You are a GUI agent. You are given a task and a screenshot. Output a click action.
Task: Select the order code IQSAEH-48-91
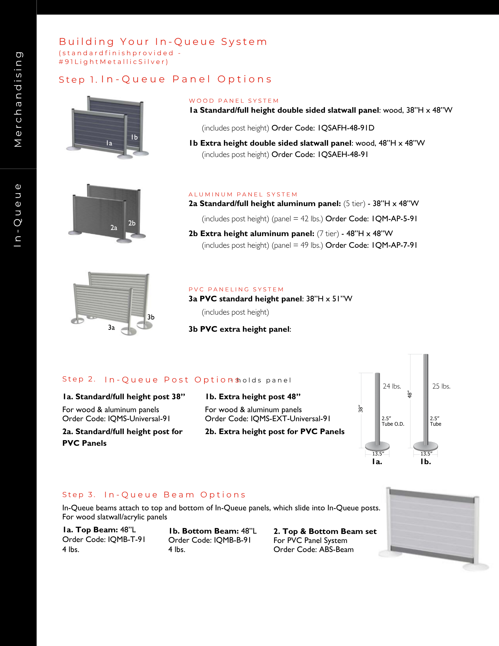pos(343,155)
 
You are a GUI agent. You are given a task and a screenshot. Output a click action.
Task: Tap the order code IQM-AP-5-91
pos(394,219)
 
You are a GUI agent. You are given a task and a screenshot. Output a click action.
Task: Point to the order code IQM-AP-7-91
pos(394,245)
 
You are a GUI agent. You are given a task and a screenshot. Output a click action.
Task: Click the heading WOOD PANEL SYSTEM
pos(234,101)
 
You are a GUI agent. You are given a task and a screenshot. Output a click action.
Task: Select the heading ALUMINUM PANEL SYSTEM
pos(243,194)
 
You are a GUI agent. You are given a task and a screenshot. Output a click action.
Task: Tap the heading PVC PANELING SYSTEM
pos(236,289)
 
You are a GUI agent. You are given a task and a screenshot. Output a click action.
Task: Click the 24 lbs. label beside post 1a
pos(392,386)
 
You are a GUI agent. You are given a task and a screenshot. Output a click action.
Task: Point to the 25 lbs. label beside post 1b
pos(441,386)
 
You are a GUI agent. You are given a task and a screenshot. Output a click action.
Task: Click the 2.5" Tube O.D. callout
pos(393,421)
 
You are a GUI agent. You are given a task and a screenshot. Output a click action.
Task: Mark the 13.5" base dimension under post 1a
pos(378,454)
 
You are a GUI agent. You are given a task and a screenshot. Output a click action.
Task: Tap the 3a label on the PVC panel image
pos(111,328)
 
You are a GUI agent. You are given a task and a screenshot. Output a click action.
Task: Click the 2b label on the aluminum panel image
pos(132,223)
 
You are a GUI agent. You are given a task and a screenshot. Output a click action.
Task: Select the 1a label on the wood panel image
pos(109,143)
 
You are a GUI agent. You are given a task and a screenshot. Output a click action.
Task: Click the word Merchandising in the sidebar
pos(18,99)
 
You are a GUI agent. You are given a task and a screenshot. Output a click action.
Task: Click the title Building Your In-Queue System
pos(163,42)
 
